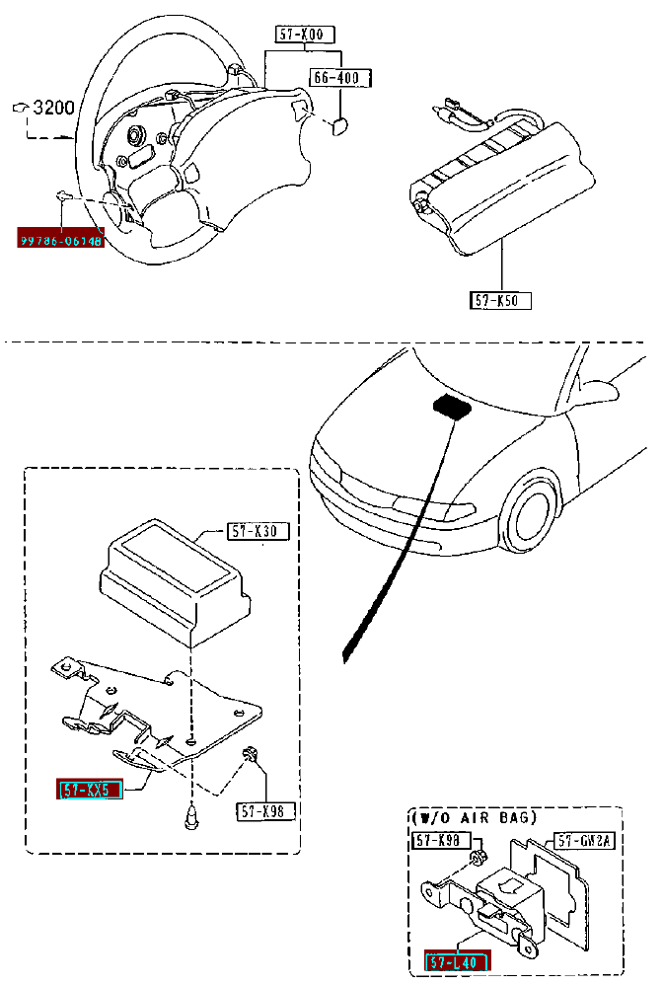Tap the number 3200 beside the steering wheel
click(x=53, y=108)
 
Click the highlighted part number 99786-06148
click(x=60, y=239)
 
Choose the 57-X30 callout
click(x=258, y=532)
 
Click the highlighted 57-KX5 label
click(x=90, y=790)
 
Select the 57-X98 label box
click(x=265, y=811)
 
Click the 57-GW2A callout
click(x=584, y=841)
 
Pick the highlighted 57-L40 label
click(x=457, y=961)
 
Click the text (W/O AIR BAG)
click(x=473, y=816)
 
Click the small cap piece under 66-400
click(x=337, y=123)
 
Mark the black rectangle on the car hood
click(x=452, y=406)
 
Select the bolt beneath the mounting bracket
click(x=190, y=816)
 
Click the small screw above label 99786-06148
click(x=62, y=195)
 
